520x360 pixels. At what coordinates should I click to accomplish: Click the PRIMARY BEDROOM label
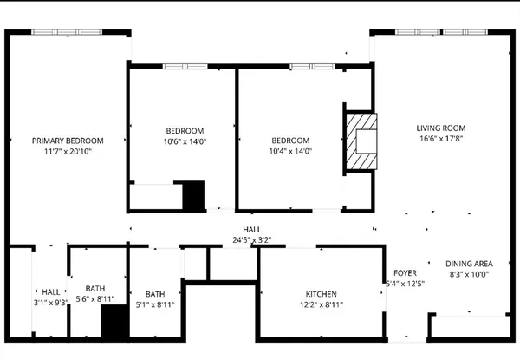click(68, 141)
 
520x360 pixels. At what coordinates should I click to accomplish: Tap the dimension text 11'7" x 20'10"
click(68, 152)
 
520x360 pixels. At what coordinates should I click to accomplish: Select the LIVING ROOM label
click(441, 128)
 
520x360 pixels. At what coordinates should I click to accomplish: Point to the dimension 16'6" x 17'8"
click(441, 139)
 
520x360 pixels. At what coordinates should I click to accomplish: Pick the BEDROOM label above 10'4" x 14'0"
click(289, 141)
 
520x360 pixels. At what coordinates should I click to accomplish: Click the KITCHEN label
click(320, 294)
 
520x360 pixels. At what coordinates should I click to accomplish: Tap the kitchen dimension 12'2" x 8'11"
click(320, 305)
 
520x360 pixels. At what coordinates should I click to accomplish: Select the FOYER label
click(406, 272)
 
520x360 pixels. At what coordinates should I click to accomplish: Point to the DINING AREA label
click(469, 264)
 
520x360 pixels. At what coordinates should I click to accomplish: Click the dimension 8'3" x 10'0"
click(469, 275)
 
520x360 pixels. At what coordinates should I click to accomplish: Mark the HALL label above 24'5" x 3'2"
click(252, 229)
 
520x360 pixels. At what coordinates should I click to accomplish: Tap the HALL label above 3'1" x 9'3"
click(50, 291)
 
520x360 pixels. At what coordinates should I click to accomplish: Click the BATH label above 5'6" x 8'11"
click(95, 289)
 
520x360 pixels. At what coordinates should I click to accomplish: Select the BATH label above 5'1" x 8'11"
click(155, 294)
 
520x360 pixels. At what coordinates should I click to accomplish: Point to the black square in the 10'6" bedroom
click(193, 194)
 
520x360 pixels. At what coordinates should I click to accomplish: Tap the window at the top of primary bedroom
click(68, 33)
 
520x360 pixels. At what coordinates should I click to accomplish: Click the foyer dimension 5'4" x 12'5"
click(404, 284)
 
